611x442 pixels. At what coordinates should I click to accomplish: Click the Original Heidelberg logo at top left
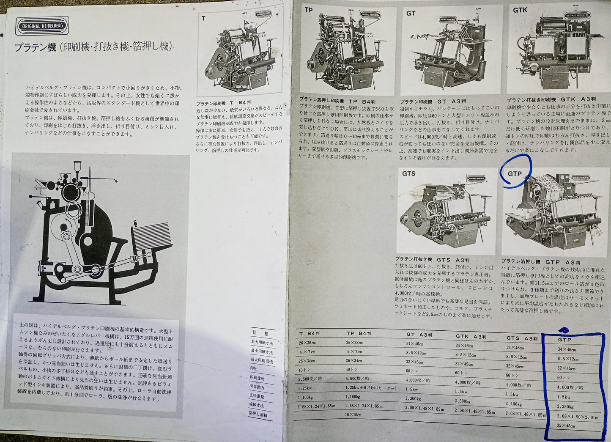coord(42,26)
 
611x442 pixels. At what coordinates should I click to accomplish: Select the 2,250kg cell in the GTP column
coord(565,407)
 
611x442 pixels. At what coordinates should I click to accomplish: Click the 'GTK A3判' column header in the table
coord(471,337)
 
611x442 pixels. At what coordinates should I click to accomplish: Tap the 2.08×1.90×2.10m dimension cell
coord(578,417)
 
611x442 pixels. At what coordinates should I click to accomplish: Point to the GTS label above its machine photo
coord(408,173)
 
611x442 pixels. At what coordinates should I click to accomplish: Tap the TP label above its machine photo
coord(309,9)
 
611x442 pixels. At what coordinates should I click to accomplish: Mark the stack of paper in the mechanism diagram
coord(153,236)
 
